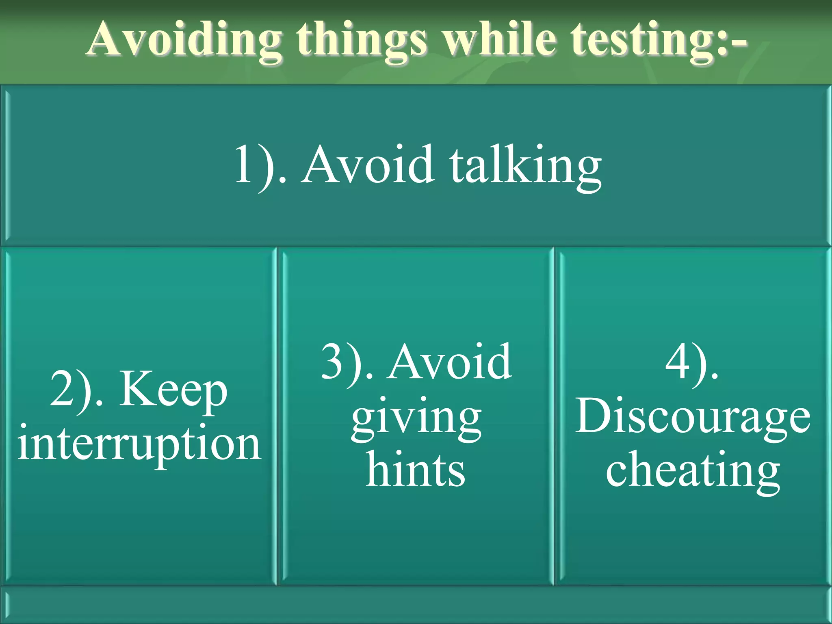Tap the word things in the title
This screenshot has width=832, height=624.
361,41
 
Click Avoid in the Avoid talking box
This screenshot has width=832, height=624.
368,165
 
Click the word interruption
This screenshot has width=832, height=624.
139,444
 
